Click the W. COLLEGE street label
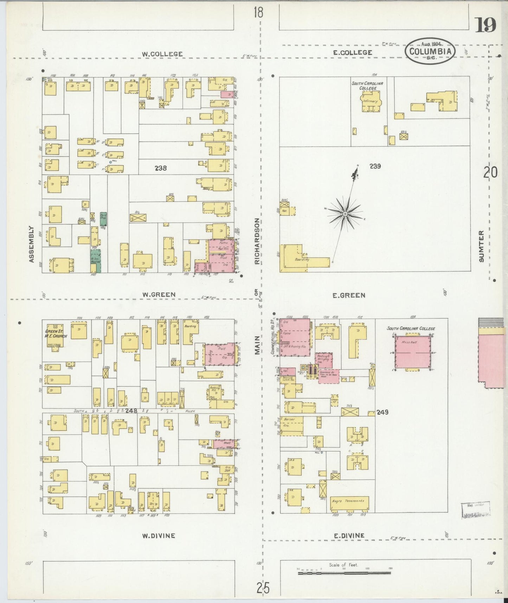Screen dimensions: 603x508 click(x=162, y=54)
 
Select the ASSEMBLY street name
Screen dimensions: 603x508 click(x=32, y=244)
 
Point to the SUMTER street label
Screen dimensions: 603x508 click(x=481, y=246)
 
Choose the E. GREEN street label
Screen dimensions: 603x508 click(x=349, y=296)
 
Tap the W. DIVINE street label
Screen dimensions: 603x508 click(x=158, y=535)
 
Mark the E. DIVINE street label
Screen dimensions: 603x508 click(x=349, y=535)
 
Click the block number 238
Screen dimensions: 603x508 click(x=161, y=168)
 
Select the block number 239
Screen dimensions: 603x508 click(x=375, y=166)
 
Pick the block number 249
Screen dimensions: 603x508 click(x=382, y=412)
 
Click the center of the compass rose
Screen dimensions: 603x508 click(x=345, y=214)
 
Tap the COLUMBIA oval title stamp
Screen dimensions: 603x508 click(x=431, y=51)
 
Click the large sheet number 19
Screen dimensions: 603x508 click(x=486, y=25)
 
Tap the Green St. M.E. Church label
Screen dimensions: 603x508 click(x=56, y=334)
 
